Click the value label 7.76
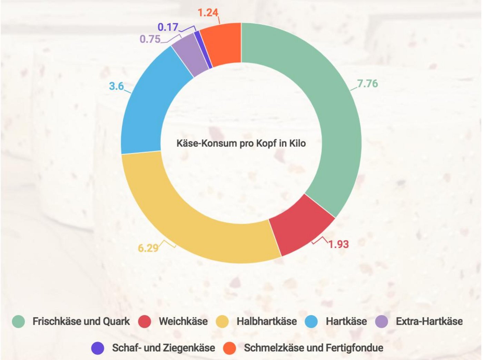[x=367, y=83]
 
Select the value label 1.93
[x=338, y=244]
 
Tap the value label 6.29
[x=148, y=248]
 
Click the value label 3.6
[x=116, y=86]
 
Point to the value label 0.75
[x=150, y=39]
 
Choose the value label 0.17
[x=168, y=27]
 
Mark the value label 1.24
[x=208, y=13]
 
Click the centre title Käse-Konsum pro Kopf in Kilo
[x=241, y=143]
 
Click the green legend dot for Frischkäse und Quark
[x=18, y=321]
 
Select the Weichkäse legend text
[x=183, y=321]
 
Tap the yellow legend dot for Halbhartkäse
[x=222, y=321]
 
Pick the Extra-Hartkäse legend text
[x=429, y=321]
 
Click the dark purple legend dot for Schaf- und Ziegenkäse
[x=98, y=348]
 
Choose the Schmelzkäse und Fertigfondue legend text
[x=313, y=348]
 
